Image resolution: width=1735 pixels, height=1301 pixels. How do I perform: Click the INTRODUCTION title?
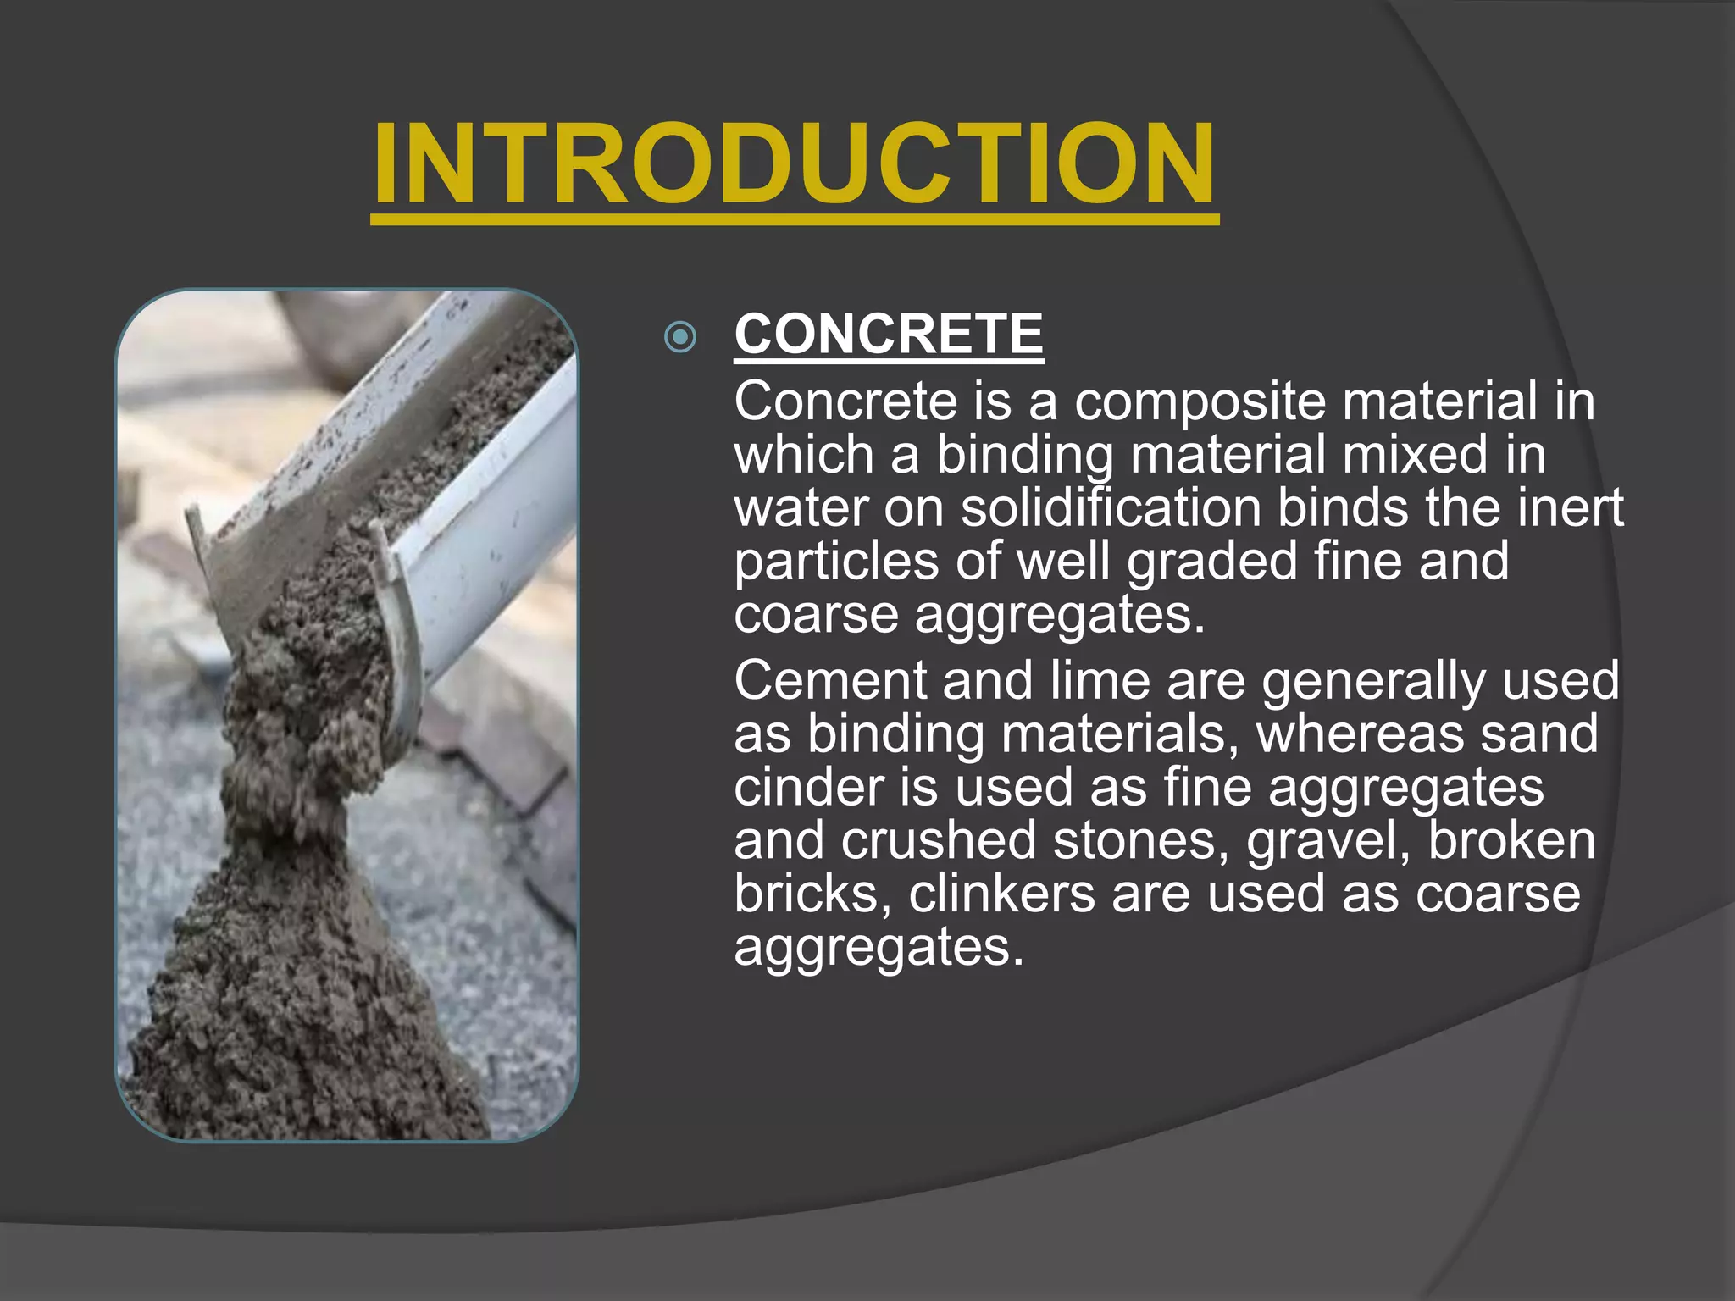(795, 164)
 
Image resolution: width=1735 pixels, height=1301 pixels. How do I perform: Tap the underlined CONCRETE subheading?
(889, 334)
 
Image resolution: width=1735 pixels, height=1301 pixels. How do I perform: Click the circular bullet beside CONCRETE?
(680, 337)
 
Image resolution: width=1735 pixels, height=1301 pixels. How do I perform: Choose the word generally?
(1372, 682)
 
